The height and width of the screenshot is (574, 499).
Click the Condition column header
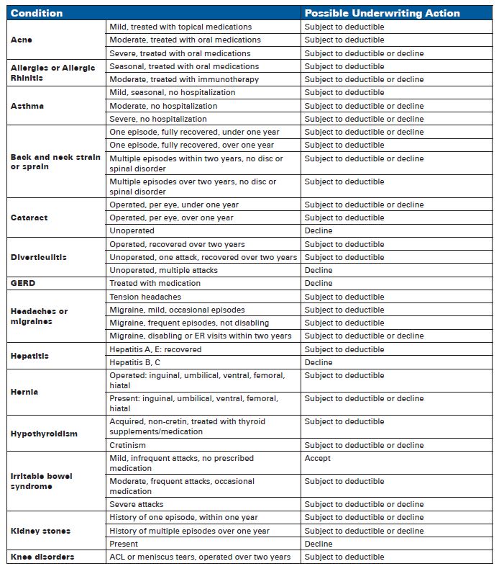37,13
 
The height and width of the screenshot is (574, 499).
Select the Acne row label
22,40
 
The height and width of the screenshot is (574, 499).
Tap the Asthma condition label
27,106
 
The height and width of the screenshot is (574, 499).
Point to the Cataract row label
29,218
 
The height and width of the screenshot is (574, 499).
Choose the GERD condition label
24,283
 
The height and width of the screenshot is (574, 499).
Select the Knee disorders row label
42,557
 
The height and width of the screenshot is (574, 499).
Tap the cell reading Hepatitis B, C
134,362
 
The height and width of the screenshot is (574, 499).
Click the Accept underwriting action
318,458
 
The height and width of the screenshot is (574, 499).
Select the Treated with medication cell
155,283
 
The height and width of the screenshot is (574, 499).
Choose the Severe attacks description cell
136,504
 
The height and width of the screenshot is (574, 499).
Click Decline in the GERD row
319,283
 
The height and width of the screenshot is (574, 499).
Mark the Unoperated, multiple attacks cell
163,270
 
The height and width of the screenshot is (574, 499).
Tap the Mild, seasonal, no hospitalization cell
172,92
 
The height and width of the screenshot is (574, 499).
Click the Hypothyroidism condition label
44,434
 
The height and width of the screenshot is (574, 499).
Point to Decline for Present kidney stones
319,544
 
